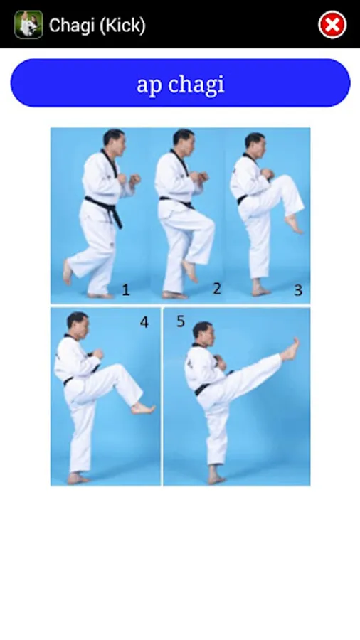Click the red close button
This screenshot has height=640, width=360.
pyautogui.click(x=332, y=25)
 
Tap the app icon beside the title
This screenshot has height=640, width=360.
pyautogui.click(x=28, y=24)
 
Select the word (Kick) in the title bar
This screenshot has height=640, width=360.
pyautogui.click(x=121, y=26)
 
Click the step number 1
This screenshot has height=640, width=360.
pyautogui.click(x=126, y=290)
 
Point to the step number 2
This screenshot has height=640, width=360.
pyautogui.click(x=217, y=289)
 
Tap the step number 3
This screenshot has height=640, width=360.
pyautogui.click(x=298, y=290)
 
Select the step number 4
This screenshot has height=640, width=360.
pyautogui.click(x=144, y=322)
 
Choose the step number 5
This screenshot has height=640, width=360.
pyautogui.click(x=181, y=321)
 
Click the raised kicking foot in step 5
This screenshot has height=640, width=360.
pyautogui.click(x=290, y=350)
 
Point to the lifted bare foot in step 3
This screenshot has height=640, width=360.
pyautogui.click(x=294, y=224)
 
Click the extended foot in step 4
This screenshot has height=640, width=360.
pyautogui.click(x=143, y=408)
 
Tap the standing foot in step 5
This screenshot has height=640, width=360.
pyautogui.click(x=216, y=476)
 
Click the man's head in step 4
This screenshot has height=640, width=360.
pyautogui.click(x=78, y=326)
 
